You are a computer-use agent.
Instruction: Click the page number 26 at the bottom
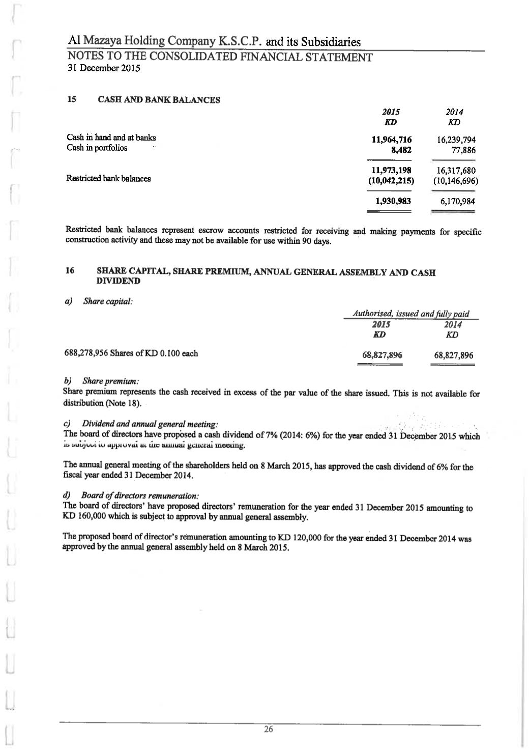click(x=269, y=730)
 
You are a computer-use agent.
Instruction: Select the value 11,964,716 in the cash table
click(x=392, y=140)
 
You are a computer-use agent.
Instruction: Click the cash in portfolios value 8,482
click(x=401, y=150)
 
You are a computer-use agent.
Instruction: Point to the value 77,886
click(x=463, y=150)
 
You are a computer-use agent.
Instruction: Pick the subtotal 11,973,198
click(x=392, y=171)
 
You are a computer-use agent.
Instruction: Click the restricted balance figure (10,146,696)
click(x=455, y=181)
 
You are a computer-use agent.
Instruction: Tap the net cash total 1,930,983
click(x=393, y=201)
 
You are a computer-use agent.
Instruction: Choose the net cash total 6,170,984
click(x=458, y=202)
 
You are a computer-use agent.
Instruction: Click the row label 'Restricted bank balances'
click(x=108, y=179)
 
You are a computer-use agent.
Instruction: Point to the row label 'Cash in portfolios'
click(x=97, y=148)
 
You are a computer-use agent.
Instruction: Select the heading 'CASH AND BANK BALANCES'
click(x=159, y=100)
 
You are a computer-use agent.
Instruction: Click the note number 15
click(x=72, y=99)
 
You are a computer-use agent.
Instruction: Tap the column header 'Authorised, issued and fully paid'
click(x=411, y=314)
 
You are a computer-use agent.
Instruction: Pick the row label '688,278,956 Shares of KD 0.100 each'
click(x=132, y=353)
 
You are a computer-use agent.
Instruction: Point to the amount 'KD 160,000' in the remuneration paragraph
click(x=84, y=518)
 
